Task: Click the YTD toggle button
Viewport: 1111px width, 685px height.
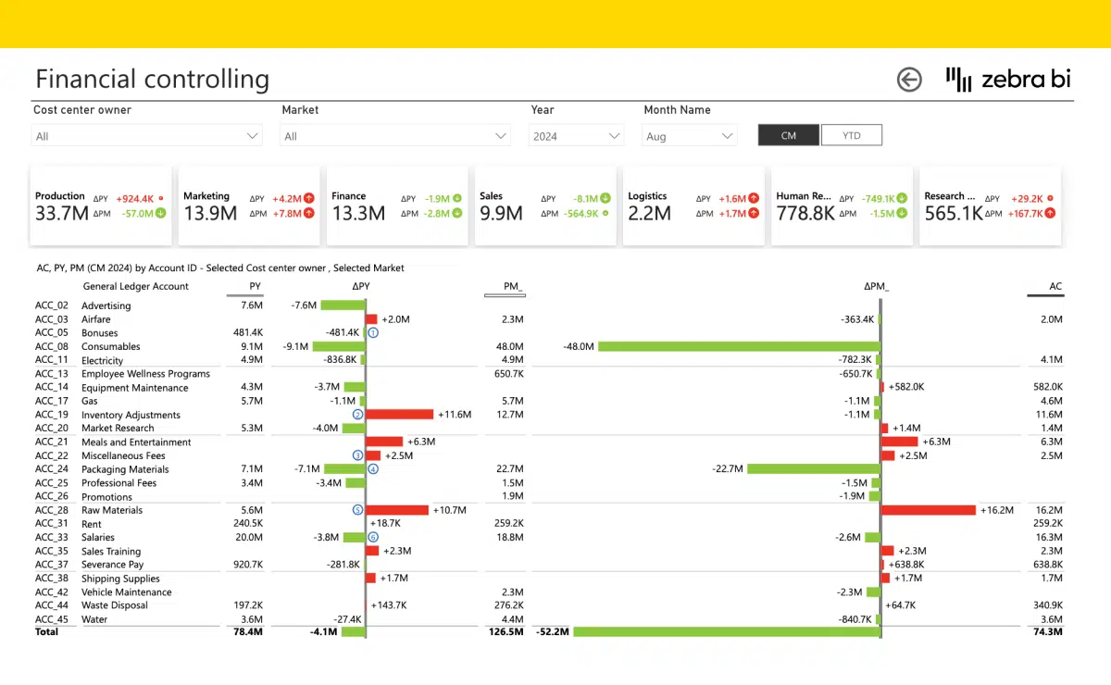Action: click(851, 135)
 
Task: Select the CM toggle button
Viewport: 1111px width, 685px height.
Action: click(788, 135)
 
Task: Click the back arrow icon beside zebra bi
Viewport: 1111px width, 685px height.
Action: click(909, 80)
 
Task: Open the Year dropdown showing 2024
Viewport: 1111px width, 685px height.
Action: click(577, 136)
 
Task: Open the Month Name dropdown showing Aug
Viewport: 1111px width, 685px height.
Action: click(689, 136)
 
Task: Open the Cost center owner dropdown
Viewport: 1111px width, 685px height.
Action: click(147, 136)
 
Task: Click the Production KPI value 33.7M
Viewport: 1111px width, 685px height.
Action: click(61, 213)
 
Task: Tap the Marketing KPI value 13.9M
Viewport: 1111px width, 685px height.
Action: click(210, 213)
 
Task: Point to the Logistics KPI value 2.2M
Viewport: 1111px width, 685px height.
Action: click(649, 213)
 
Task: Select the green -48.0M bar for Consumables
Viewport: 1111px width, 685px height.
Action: click(738, 346)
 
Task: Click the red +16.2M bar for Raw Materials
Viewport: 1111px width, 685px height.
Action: click(929, 510)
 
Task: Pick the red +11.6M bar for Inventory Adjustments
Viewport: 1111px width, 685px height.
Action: click(400, 415)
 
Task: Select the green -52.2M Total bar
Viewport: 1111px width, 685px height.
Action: click(726, 631)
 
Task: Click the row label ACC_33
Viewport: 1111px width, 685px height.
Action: click(52, 537)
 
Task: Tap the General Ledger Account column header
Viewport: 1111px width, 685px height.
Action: click(135, 286)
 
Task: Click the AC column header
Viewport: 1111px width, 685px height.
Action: click(1055, 286)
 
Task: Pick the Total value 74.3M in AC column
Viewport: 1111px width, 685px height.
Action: click(1048, 631)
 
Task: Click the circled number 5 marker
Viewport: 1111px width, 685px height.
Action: click(357, 510)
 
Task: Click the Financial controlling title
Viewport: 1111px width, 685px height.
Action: click(152, 80)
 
